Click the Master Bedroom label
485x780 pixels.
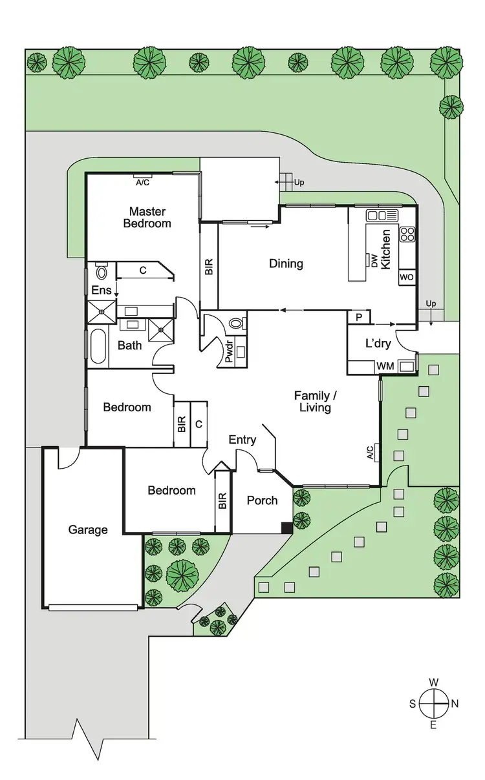(x=147, y=218)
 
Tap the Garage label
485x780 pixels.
(x=88, y=530)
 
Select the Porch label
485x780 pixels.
(x=263, y=500)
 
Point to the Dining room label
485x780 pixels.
(x=286, y=263)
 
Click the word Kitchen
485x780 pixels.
(x=385, y=249)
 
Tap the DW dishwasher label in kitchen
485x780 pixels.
(x=374, y=260)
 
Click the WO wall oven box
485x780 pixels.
(x=407, y=277)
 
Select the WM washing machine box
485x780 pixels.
(x=385, y=367)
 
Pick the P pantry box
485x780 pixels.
(x=359, y=316)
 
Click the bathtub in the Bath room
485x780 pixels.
(x=98, y=346)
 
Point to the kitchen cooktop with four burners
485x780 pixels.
(x=407, y=234)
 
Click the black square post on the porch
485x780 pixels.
(x=286, y=528)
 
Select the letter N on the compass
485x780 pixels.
(x=455, y=704)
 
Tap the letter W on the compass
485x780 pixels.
(x=435, y=682)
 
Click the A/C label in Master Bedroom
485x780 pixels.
(x=142, y=182)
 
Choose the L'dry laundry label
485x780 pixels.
(x=378, y=344)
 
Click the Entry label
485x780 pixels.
(x=242, y=440)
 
